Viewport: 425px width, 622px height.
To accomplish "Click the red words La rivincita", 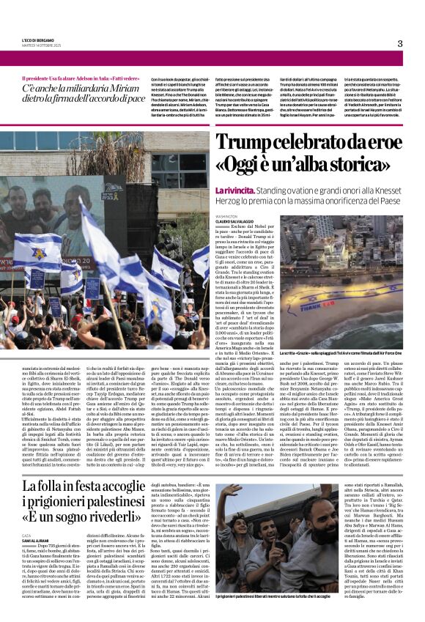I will (234, 189).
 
